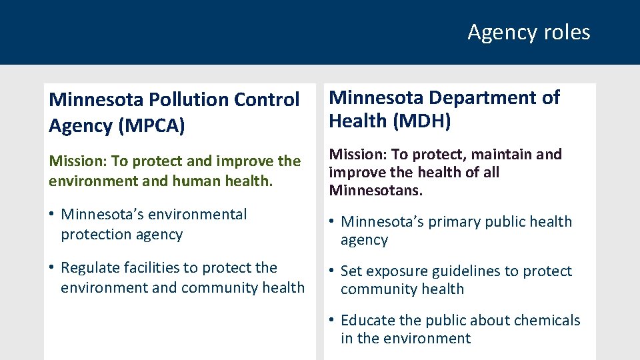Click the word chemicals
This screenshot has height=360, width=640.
point(545,321)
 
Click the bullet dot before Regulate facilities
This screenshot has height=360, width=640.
point(51,268)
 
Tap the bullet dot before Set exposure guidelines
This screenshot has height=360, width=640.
point(331,271)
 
